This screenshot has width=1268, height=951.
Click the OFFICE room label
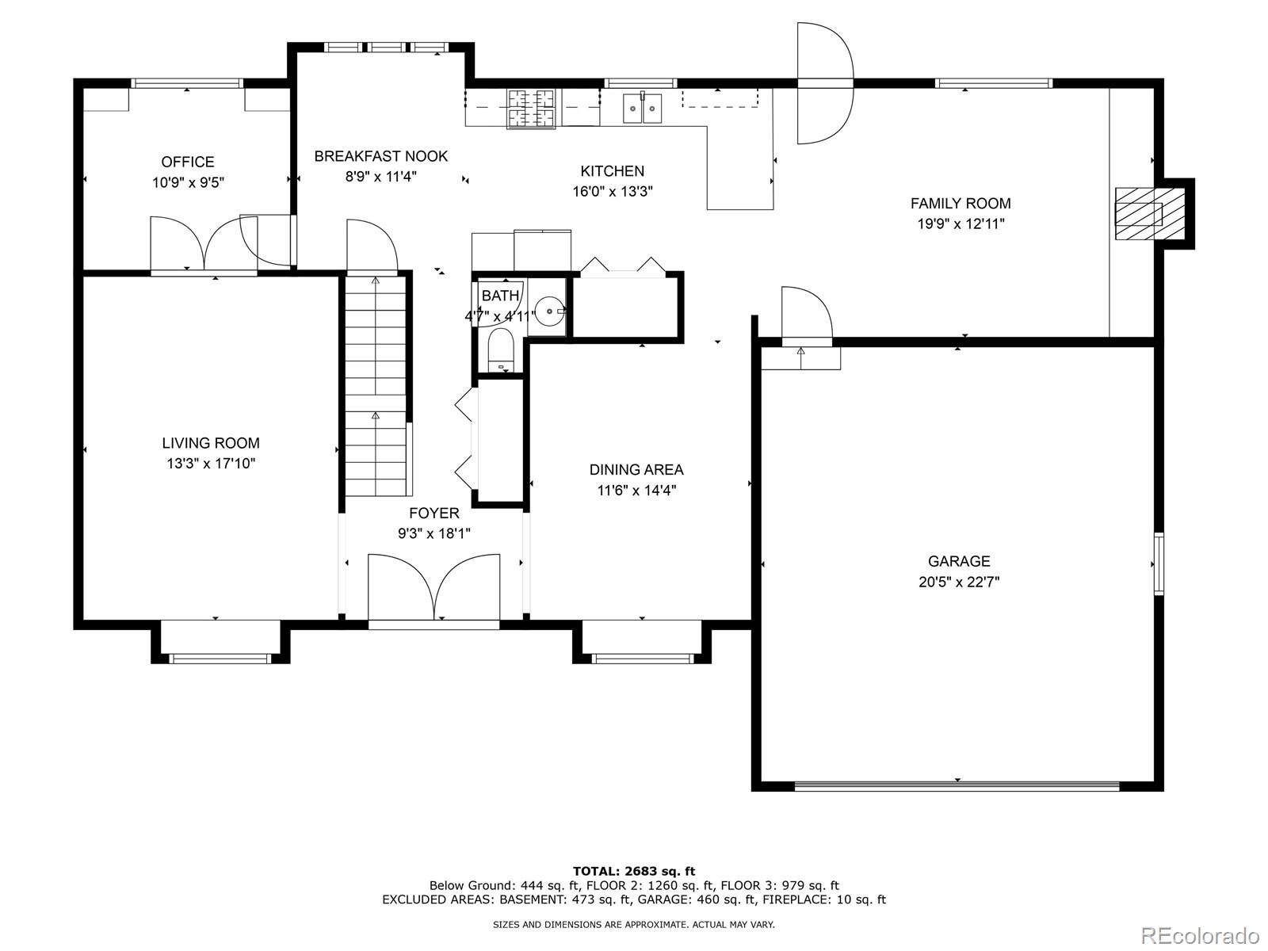(x=188, y=162)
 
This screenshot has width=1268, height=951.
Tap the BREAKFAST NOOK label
(x=380, y=156)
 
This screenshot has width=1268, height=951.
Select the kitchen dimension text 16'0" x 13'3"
(x=613, y=191)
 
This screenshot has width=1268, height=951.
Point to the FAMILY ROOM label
(x=961, y=203)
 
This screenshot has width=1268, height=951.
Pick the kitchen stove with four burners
(x=532, y=108)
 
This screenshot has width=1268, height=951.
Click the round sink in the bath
(x=548, y=311)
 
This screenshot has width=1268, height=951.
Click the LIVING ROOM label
(x=211, y=443)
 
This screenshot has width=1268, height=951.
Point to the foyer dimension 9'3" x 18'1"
(x=433, y=533)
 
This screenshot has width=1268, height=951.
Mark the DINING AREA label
(x=636, y=469)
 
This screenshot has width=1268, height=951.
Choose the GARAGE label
(x=959, y=560)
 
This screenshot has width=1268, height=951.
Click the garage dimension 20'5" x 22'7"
(x=959, y=582)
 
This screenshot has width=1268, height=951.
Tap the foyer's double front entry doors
(x=433, y=589)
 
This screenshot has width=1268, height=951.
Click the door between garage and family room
(x=807, y=316)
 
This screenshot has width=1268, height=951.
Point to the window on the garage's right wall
(x=1159, y=564)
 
